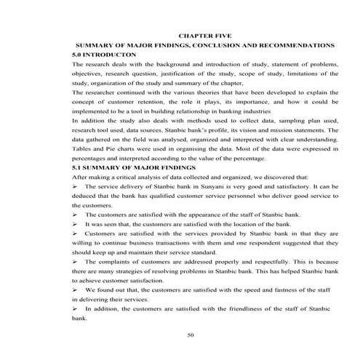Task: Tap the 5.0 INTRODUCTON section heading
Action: pyautogui.click(x=105, y=55)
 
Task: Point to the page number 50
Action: pyautogui.click(x=191, y=335)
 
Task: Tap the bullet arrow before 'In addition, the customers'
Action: pyautogui.click(x=76, y=308)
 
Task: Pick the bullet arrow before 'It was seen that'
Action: pyautogui.click(x=76, y=224)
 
